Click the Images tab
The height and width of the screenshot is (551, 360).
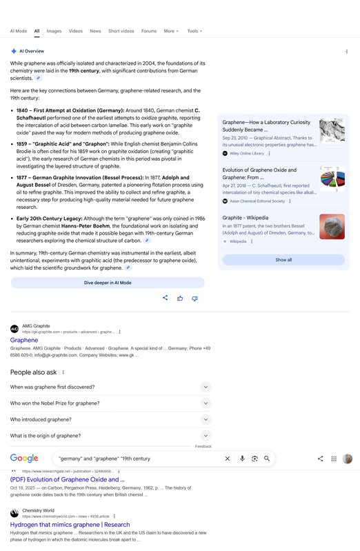[54, 31]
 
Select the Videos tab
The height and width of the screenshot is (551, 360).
[75, 31]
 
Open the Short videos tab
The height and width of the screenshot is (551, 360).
[121, 31]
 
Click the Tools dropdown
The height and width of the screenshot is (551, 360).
[194, 31]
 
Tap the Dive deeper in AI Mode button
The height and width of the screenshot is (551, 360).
[108, 283]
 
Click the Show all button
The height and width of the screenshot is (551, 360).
[283, 260]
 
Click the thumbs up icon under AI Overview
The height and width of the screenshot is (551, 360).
[180, 298]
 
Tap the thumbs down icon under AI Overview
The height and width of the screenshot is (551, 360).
[194, 298]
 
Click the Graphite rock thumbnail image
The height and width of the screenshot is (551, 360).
[332, 226]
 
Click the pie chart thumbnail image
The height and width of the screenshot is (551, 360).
[332, 178]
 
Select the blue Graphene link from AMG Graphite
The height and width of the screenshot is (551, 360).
[24, 340]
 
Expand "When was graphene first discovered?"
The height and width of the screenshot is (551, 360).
[110, 387]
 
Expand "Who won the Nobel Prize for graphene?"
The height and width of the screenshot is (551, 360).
[110, 403]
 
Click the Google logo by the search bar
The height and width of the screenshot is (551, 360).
[24, 459]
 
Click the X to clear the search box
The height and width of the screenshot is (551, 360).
[228, 459]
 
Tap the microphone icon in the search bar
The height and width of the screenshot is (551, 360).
[242, 459]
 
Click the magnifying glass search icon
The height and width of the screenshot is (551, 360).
[267, 459]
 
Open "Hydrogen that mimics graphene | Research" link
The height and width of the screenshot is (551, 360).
[70, 525]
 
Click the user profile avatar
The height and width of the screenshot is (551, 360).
[348, 459]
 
